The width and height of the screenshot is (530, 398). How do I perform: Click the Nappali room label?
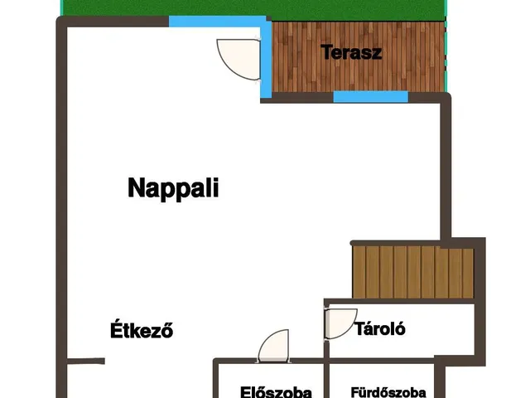(x=173, y=188)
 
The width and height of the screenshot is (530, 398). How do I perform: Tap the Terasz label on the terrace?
(x=351, y=53)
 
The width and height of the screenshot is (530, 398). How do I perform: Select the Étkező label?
(x=142, y=330)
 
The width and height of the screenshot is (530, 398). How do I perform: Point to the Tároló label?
(x=379, y=328)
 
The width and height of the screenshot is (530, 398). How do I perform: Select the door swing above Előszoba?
(x=272, y=347)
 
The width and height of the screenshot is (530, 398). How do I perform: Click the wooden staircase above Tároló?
(x=412, y=270)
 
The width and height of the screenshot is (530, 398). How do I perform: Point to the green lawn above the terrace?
(x=248, y=7)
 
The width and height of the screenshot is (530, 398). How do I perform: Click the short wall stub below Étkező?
(x=86, y=362)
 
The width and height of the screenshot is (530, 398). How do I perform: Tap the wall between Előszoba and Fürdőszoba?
(x=325, y=380)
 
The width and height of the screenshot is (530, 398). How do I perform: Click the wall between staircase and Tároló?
(x=397, y=300)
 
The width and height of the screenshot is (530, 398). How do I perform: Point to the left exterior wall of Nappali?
(x=61, y=199)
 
